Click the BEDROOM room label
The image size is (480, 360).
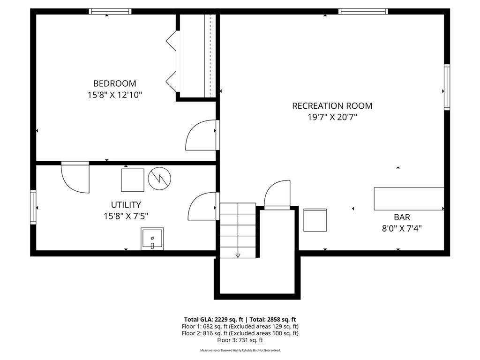pyautogui.click(x=115, y=83)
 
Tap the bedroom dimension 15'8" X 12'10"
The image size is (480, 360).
pyautogui.click(x=115, y=95)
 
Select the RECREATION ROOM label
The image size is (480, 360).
pyautogui.click(x=332, y=106)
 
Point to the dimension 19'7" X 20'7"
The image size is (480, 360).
pyautogui.click(x=332, y=117)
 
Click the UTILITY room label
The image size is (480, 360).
pyautogui.click(x=126, y=205)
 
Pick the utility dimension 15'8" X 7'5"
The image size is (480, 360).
pyautogui.click(x=126, y=216)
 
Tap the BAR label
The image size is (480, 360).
pyautogui.click(x=402, y=217)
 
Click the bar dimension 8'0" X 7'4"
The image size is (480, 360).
pyautogui.click(x=402, y=229)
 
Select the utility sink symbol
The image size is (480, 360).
pyautogui.click(x=152, y=239)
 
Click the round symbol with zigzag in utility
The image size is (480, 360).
pyautogui.click(x=160, y=178)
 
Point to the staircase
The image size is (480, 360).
pyautogui.click(x=238, y=230)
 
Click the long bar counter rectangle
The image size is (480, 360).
pyautogui.click(x=408, y=199)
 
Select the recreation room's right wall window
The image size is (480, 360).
pyautogui.click(x=447, y=87)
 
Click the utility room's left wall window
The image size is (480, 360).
pyautogui.click(x=33, y=207)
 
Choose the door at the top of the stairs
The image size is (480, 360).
pyautogui.click(x=277, y=195)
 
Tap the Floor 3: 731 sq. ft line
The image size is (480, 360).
pyautogui.click(x=240, y=340)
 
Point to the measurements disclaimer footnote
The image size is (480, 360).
pyautogui.click(x=240, y=350)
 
